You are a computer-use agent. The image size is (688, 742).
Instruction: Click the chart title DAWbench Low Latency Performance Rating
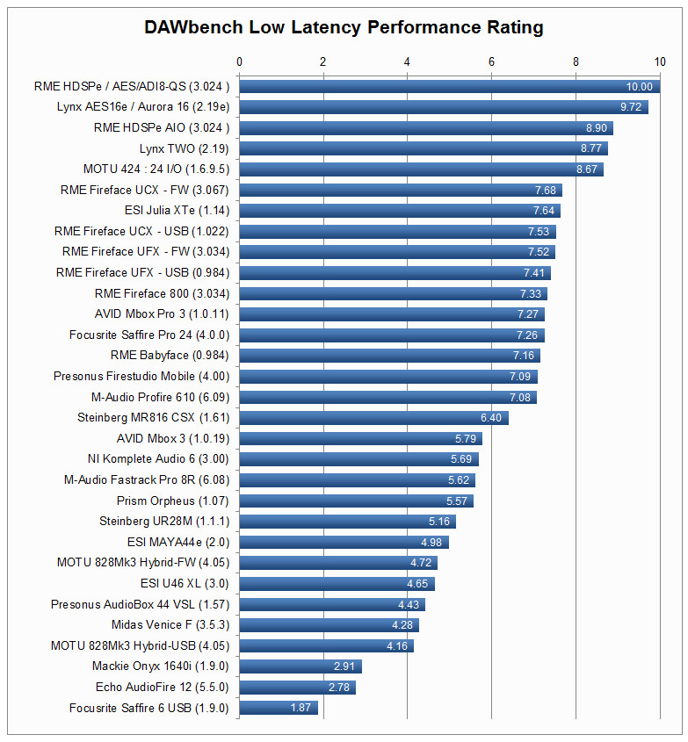pos(344,27)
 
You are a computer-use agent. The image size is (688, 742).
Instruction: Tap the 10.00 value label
pos(639,87)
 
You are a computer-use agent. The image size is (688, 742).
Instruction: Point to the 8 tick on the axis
pos(576,61)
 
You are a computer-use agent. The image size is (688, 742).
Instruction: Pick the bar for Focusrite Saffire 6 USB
pos(279,708)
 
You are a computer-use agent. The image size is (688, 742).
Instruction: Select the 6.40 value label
pos(490,418)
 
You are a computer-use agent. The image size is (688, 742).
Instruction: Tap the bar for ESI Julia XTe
pos(400,211)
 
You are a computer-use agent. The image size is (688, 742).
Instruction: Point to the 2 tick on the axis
pos(323,61)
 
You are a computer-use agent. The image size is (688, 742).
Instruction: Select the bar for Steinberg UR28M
pos(347,522)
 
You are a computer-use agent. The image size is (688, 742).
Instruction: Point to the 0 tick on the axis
pos(240,61)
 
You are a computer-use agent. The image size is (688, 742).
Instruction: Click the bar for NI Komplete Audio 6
pos(358,459)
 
